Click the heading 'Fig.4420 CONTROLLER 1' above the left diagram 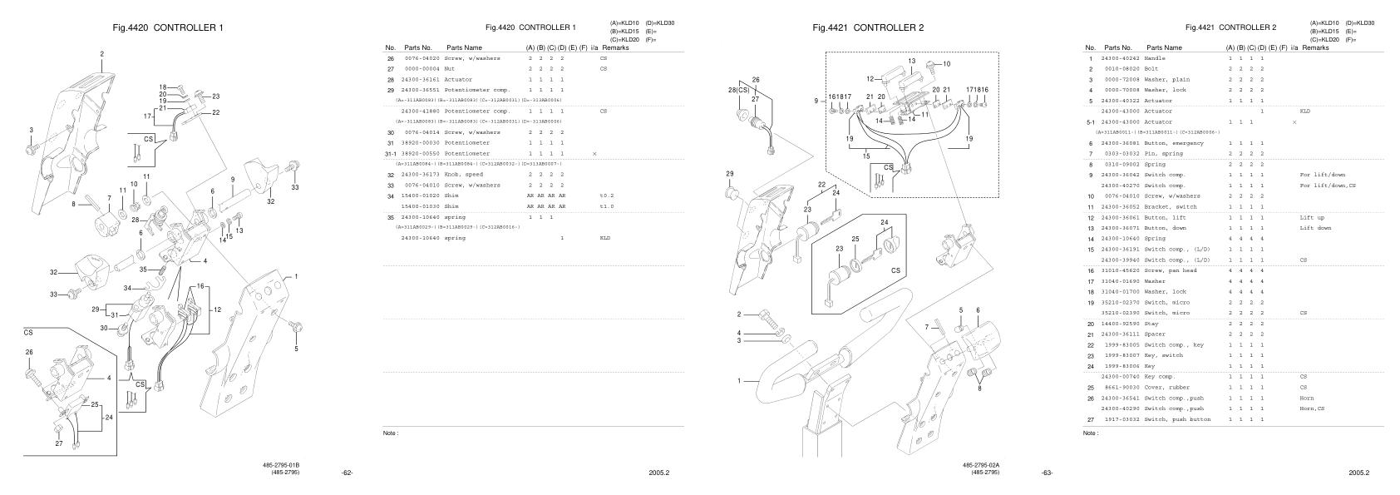168,27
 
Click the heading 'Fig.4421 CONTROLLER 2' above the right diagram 868,27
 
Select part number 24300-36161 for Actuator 421,79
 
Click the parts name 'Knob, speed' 463,175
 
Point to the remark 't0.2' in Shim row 606,196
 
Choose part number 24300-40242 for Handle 1120,58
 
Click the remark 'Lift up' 1311,217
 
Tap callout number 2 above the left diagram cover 102,54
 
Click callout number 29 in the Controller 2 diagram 729,174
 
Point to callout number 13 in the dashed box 911,61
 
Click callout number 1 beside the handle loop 738,382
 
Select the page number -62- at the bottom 348,473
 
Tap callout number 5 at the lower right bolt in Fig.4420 295,349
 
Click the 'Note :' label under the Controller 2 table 1091,433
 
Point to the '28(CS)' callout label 737,89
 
